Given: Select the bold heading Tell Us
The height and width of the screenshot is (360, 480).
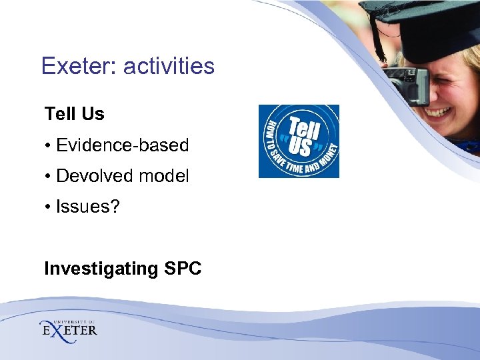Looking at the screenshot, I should point(75,114).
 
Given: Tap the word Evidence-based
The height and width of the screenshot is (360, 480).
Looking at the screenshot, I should point(123,145).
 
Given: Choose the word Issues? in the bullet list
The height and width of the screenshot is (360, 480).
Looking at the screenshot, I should point(88,207).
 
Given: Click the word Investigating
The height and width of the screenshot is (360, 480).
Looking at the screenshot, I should point(100,269).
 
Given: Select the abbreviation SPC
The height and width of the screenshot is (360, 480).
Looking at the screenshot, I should point(181,269).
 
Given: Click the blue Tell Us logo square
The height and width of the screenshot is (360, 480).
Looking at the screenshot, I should point(299,141).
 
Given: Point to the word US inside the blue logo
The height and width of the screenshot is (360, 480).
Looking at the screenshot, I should point(301,146).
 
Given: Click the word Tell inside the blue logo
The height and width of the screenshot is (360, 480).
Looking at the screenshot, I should point(304,128).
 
